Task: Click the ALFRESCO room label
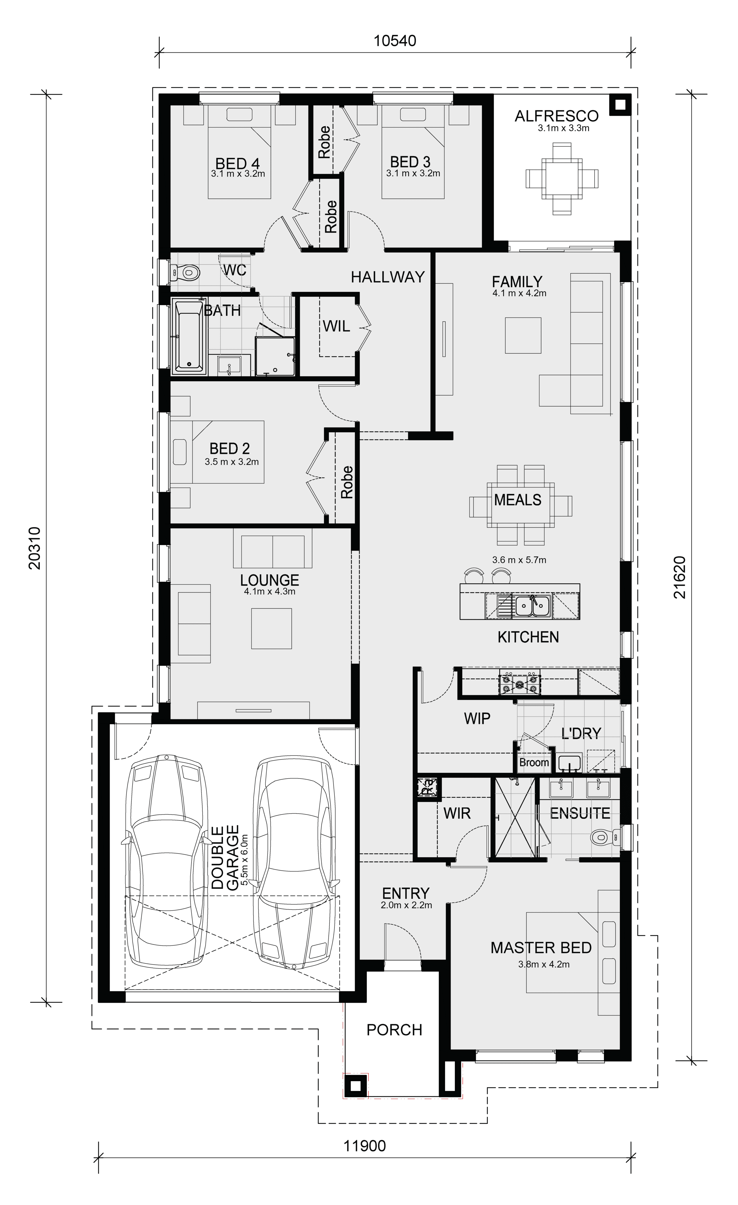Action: pyautogui.click(x=556, y=116)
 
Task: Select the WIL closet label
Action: pyautogui.click(x=336, y=326)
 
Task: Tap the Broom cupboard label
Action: pyautogui.click(x=534, y=762)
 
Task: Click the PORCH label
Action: pyautogui.click(x=394, y=1030)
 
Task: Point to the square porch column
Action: pyautogui.click(x=355, y=1086)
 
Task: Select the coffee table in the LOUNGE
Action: pyautogui.click(x=272, y=628)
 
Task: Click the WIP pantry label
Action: pyautogui.click(x=477, y=718)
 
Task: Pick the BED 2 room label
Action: pyautogui.click(x=229, y=449)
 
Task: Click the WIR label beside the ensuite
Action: pyautogui.click(x=457, y=813)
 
